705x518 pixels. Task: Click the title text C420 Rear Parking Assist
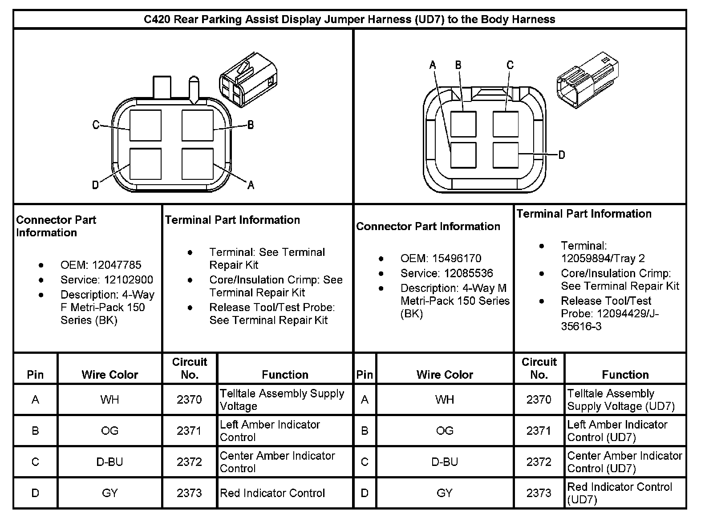349,20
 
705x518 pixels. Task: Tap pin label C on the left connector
96,125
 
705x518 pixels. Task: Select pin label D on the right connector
561,154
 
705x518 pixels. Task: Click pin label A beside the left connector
251,185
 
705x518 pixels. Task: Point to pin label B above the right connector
458,65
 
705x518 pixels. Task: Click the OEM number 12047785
116,265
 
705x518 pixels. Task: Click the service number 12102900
129,279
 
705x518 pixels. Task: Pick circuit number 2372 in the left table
189,462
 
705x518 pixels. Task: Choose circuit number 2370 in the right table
539,400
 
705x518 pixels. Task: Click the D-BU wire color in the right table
445,462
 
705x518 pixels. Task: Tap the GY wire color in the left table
109,493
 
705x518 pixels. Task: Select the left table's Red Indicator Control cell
272,493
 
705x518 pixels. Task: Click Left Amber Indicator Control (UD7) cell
617,431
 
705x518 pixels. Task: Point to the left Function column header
285,375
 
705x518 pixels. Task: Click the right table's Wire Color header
445,375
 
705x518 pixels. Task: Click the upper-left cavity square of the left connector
146,126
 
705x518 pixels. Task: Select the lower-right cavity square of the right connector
506,155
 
